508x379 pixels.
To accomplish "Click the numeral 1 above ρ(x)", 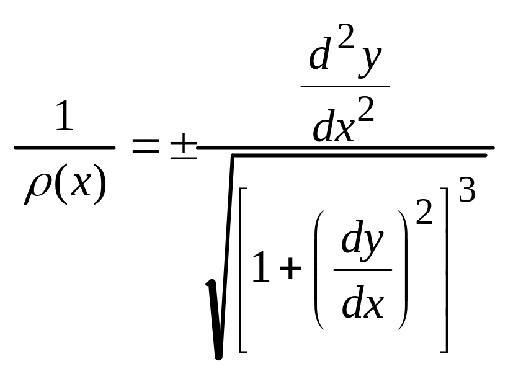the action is click(x=65, y=115).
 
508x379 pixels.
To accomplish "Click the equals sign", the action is click(x=146, y=145).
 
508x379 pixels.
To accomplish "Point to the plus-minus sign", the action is click(x=184, y=146).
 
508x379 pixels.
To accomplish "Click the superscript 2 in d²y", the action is click(x=345, y=37).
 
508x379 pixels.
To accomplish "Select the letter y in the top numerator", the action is click(x=370, y=62).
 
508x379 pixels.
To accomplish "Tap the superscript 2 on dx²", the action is click(x=366, y=110).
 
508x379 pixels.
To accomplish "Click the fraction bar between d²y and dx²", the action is click(x=345, y=86).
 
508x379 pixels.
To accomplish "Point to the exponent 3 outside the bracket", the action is click(x=467, y=190).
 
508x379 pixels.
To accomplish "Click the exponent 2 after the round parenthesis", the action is click(x=424, y=212).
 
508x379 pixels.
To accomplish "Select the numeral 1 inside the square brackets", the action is click(x=261, y=267).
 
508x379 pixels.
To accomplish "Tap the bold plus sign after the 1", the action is click(x=290, y=268).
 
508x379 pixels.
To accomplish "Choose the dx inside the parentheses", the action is click(x=363, y=302).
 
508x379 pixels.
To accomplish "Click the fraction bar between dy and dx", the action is click(x=363, y=269).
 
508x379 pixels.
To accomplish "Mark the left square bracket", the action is click(x=240, y=269).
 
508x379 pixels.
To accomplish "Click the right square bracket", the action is click(x=447, y=269).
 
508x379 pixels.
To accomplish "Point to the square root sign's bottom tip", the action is click(x=219, y=358).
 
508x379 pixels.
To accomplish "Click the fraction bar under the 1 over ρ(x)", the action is click(x=65, y=148).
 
